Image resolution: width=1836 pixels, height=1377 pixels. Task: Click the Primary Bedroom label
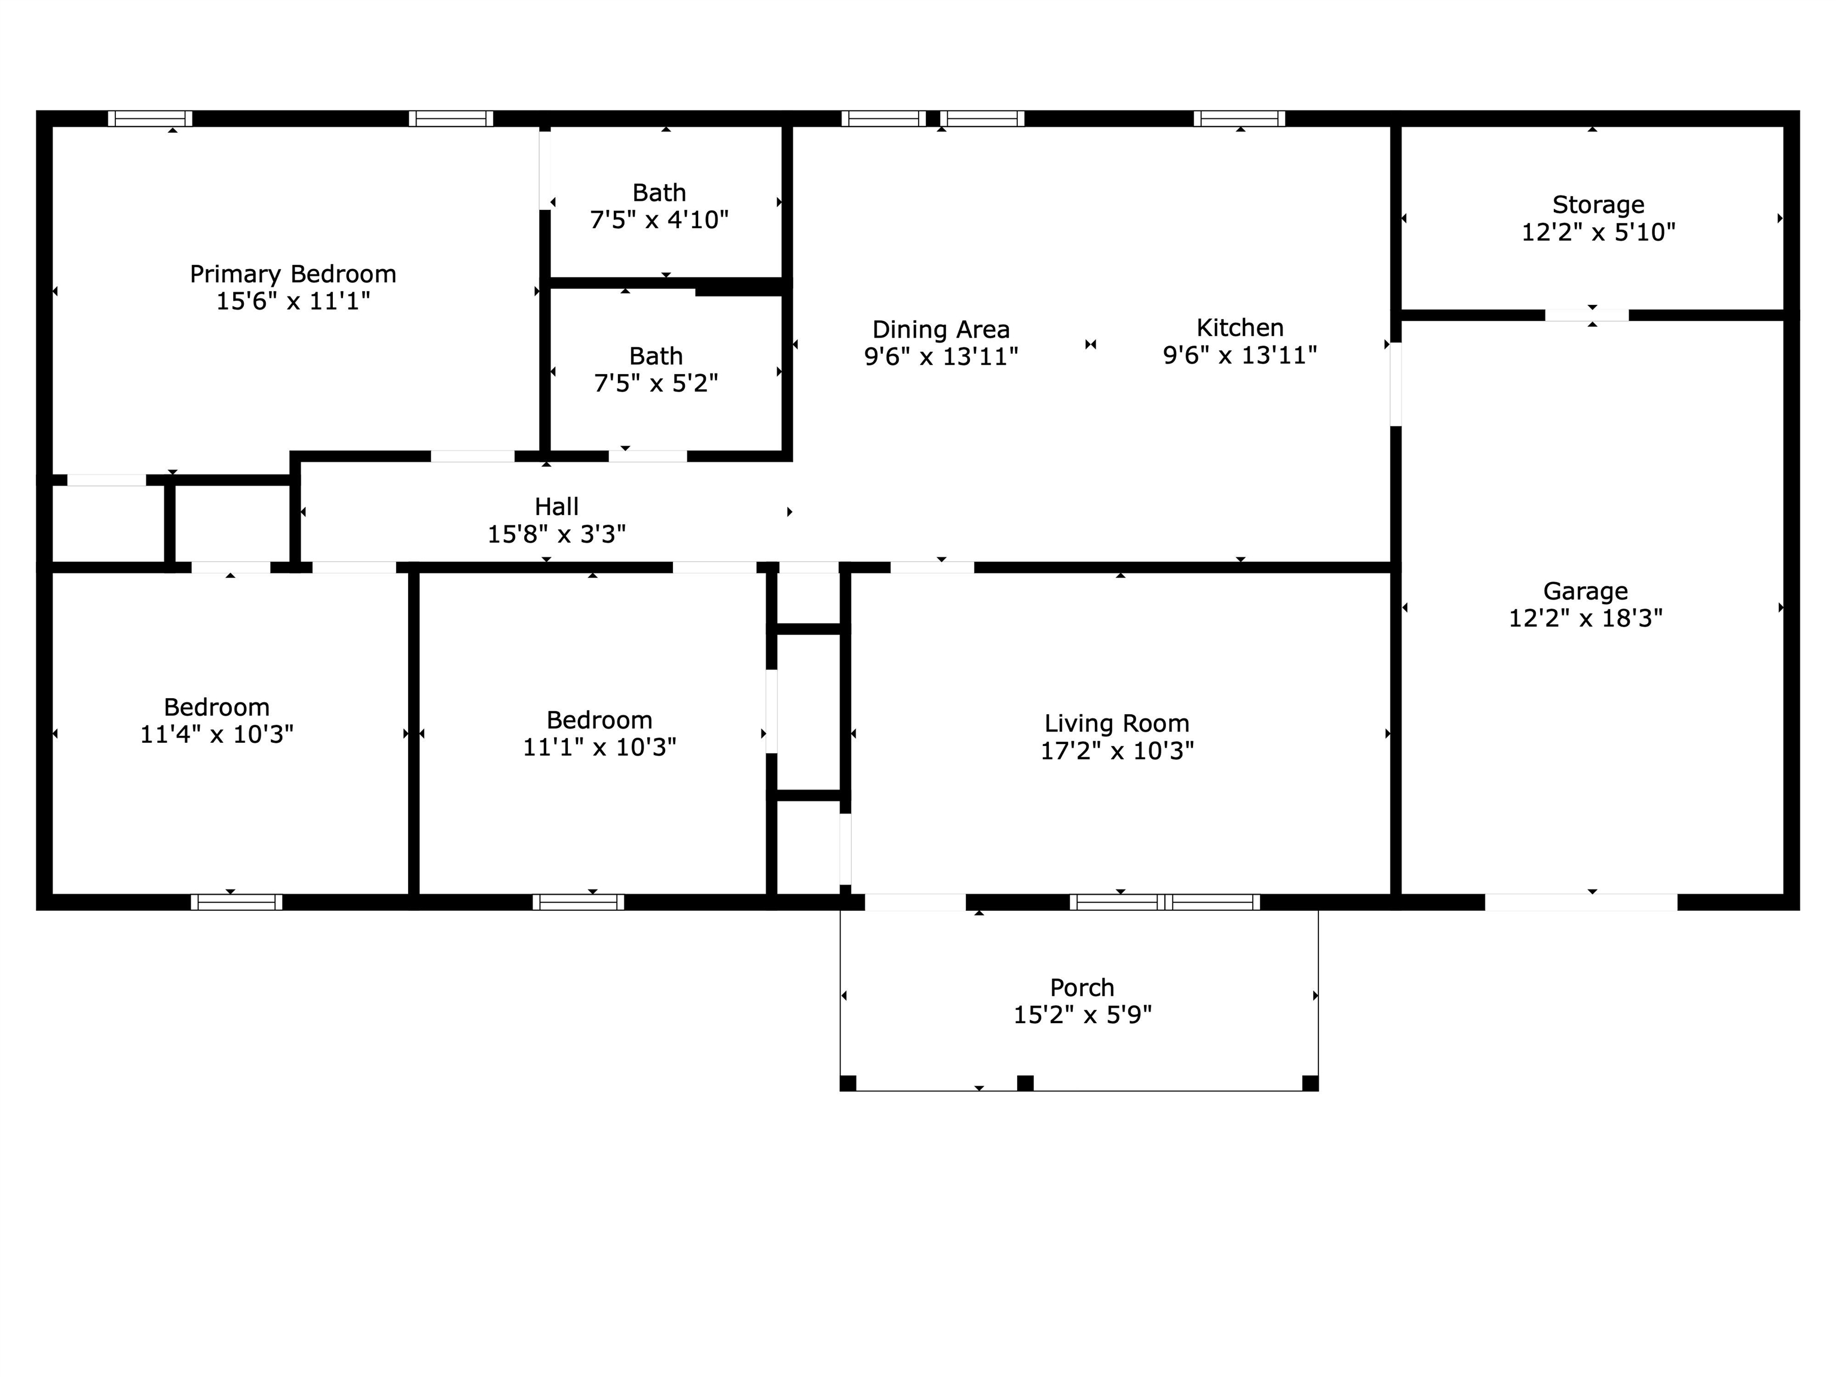pos(293,274)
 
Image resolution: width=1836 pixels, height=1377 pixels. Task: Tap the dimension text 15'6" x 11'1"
pos(293,301)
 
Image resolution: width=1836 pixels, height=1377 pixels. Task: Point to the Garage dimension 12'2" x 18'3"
pos(1586,619)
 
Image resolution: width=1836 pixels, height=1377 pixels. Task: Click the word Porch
pos(1082,988)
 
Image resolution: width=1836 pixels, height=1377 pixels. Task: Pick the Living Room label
pos(1117,724)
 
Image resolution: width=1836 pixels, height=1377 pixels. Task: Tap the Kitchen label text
pos(1240,328)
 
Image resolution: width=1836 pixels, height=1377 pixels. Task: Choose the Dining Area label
pos(941,329)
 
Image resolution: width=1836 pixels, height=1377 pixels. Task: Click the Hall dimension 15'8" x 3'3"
pos(557,534)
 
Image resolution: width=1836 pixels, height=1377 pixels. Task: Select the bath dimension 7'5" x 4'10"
pos(659,220)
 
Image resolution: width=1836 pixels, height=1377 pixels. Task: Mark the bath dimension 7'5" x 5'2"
pos(656,384)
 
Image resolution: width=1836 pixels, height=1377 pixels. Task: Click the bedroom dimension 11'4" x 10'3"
pos(216,735)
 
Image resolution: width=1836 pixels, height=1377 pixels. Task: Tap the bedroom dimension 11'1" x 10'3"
pos(599,747)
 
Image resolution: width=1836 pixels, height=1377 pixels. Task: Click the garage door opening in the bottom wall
pos(1581,902)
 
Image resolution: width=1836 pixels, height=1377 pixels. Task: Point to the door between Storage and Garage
pos(1587,316)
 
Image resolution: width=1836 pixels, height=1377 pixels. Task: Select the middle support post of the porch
pos(1025,1083)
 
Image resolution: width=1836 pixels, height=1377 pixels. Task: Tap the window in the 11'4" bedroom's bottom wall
pos(237,902)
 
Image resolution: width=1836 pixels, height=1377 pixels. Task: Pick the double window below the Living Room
pos(1164,902)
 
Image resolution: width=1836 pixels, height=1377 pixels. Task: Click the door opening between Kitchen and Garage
pos(1396,384)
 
